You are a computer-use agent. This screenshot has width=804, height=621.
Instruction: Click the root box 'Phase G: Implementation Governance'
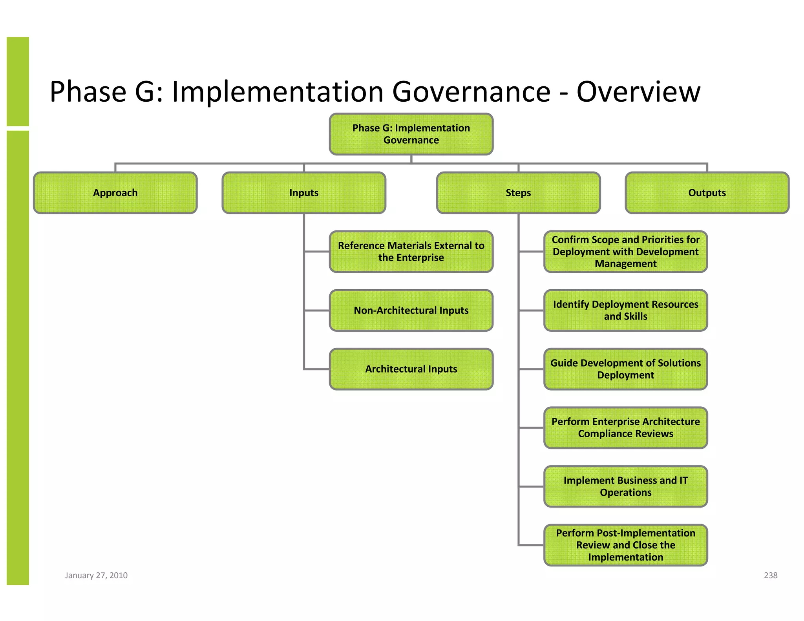tap(411, 134)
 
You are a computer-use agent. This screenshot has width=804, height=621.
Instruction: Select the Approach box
tap(115, 193)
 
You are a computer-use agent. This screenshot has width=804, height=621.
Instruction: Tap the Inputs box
tap(304, 193)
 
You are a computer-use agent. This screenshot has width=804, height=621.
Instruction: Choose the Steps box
tap(518, 193)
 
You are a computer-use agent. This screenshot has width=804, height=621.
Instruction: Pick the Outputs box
tap(707, 193)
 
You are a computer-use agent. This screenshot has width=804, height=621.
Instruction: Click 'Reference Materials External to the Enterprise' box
tap(411, 252)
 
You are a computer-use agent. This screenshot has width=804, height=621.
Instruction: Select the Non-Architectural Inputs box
tap(411, 310)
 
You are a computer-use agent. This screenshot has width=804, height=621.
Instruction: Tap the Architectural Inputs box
tap(411, 369)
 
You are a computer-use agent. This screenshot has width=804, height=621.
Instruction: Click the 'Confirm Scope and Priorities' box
tap(625, 252)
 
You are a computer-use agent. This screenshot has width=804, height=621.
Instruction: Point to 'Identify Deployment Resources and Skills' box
tap(625, 310)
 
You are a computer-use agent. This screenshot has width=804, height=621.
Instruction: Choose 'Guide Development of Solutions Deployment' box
tap(625, 369)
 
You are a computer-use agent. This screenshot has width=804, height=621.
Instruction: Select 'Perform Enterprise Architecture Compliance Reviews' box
tap(625, 428)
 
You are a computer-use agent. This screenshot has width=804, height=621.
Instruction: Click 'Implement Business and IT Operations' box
tap(625, 486)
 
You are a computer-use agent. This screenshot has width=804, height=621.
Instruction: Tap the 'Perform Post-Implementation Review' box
tap(625, 545)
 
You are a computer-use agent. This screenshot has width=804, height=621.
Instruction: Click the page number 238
tap(770, 575)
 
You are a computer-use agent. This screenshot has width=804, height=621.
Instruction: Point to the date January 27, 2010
tap(96, 575)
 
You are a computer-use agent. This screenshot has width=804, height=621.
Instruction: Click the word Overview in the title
tap(638, 92)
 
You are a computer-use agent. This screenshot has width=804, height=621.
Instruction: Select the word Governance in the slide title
tap(471, 92)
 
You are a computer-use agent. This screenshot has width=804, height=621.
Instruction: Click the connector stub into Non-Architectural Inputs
tap(317, 310)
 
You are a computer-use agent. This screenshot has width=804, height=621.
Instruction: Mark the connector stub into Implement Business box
tap(531, 486)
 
